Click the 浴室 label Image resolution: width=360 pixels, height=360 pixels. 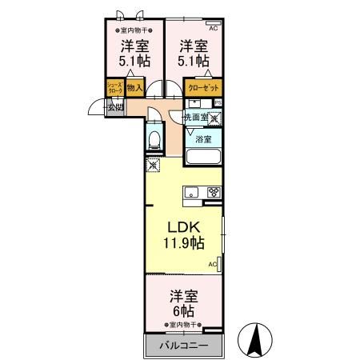click(x=203, y=139)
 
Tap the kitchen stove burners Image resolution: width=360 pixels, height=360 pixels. click(x=213, y=191)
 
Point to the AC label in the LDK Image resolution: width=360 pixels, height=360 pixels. click(x=213, y=263)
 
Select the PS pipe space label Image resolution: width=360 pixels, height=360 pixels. click(x=217, y=102)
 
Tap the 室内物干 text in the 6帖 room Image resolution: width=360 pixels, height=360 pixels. click(x=184, y=325)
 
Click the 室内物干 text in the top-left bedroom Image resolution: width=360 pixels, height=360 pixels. click(x=128, y=30)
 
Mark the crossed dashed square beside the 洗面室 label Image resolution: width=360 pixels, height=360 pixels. click(x=214, y=118)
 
